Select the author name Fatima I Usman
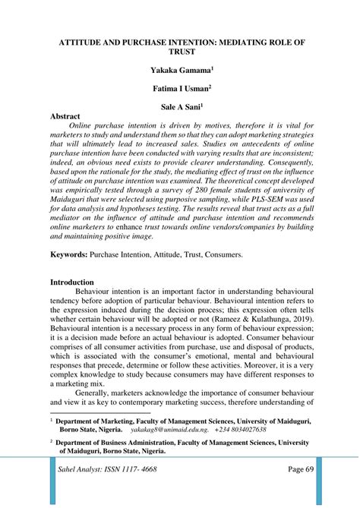(180, 88)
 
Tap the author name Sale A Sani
(180, 107)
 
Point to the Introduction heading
(72, 282)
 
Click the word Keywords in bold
(68, 255)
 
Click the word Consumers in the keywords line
(219, 255)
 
